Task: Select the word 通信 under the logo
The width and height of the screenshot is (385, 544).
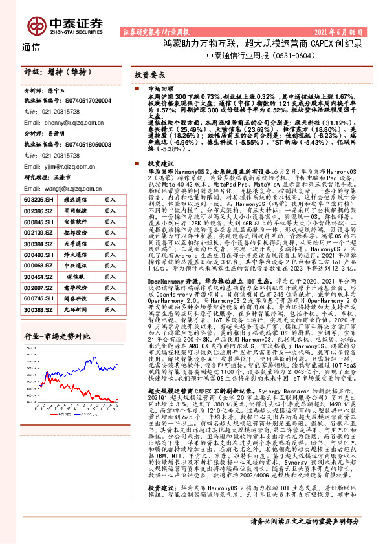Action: [x=31, y=47]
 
